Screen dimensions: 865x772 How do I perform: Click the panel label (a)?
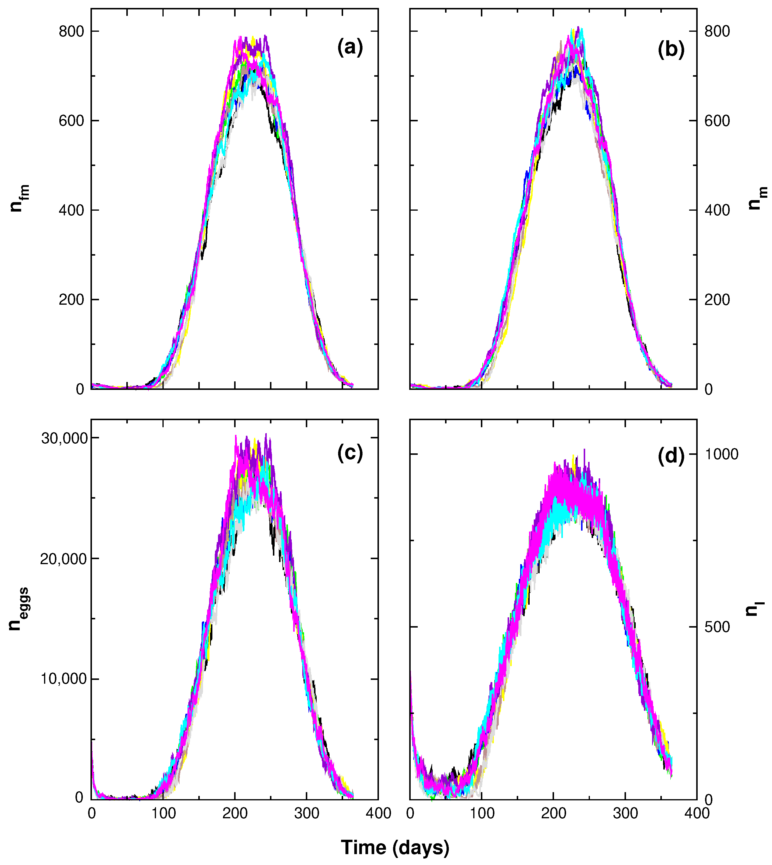tap(350, 48)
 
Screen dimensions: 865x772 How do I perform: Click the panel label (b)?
tap(671, 50)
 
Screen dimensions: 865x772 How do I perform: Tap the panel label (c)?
tap(350, 453)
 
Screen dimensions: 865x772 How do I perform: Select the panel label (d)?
tap(671, 456)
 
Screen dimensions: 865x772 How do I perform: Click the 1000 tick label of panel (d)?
tap(721, 454)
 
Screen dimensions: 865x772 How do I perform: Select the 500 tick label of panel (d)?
tap(717, 627)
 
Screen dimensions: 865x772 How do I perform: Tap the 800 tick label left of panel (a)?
tap(71, 31)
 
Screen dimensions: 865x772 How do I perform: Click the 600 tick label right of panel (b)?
tap(717, 121)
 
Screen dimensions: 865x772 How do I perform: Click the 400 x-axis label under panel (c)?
tap(378, 814)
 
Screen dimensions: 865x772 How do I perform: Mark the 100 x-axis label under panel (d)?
tap(482, 814)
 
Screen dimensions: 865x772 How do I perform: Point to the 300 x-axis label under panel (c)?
tap(307, 814)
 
